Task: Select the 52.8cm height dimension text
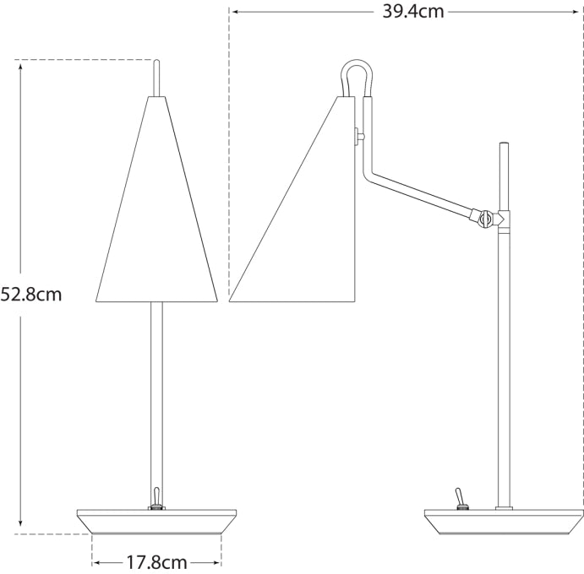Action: coord(31,295)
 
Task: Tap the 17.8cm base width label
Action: coord(157,561)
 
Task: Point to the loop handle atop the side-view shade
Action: coord(355,76)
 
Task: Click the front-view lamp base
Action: coord(156,522)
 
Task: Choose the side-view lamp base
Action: coord(503,522)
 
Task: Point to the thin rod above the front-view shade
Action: coord(156,78)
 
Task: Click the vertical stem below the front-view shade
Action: coord(156,397)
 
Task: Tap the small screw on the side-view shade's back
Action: coord(358,133)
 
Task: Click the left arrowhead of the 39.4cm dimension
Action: coord(234,11)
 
